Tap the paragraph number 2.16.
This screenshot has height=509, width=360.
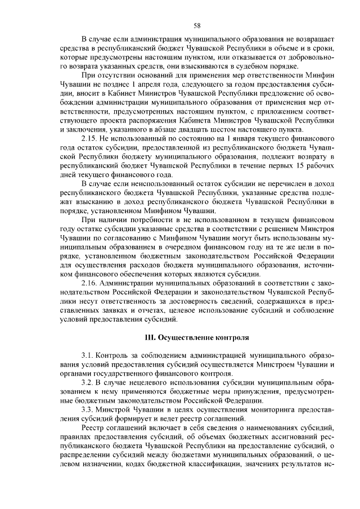click(91, 282)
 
